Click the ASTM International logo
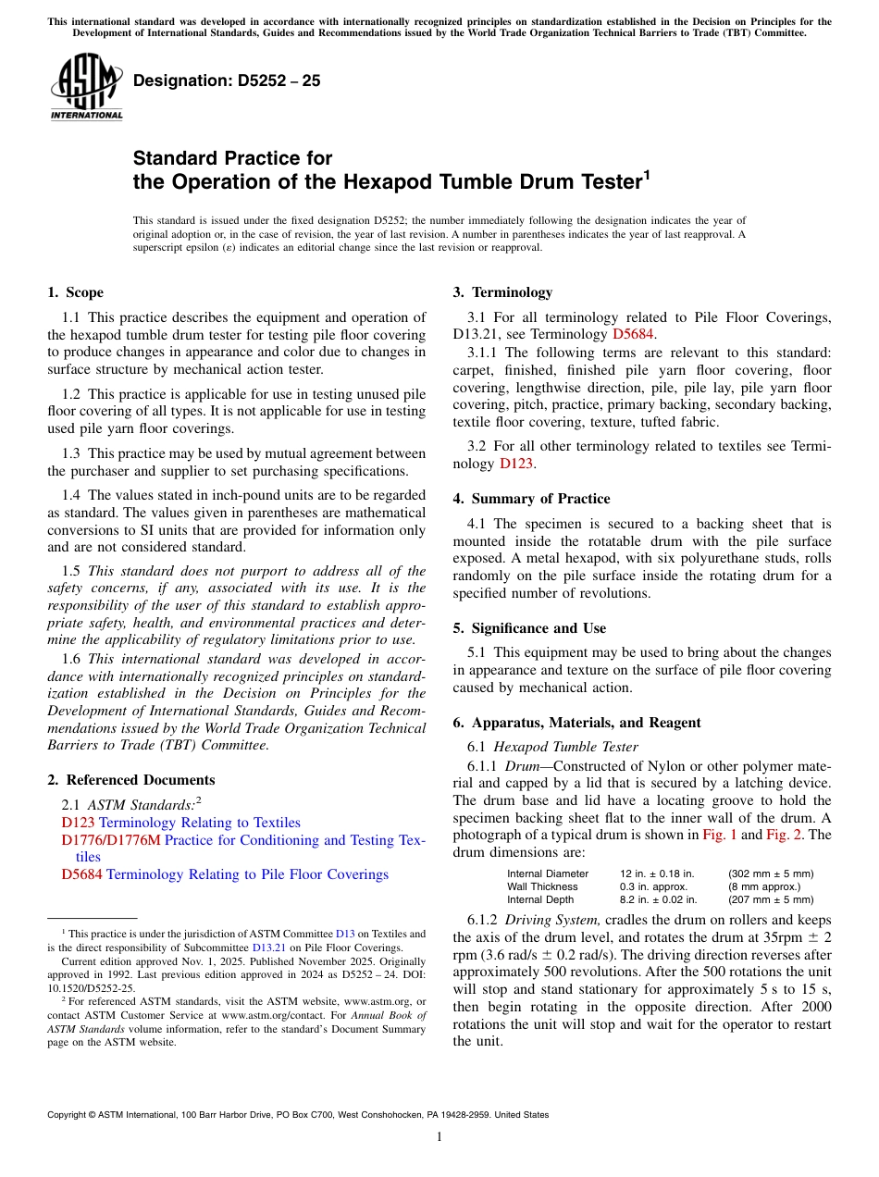pyautogui.click(x=86, y=87)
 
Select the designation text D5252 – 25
pyautogui.click(x=227, y=81)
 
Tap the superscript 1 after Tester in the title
pyautogui.click(x=647, y=174)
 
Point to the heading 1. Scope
pyautogui.click(x=75, y=292)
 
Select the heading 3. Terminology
pyautogui.click(x=502, y=292)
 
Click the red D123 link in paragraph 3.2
pyautogui.click(x=515, y=464)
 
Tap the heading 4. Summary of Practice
pyautogui.click(x=531, y=499)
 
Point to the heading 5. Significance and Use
pyautogui.click(x=529, y=628)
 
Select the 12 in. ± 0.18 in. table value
pyautogui.click(x=657, y=873)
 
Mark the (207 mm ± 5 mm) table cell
pyautogui.click(x=771, y=899)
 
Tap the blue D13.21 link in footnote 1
pyautogui.click(x=266, y=948)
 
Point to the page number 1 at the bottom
pyautogui.click(x=439, y=1137)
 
